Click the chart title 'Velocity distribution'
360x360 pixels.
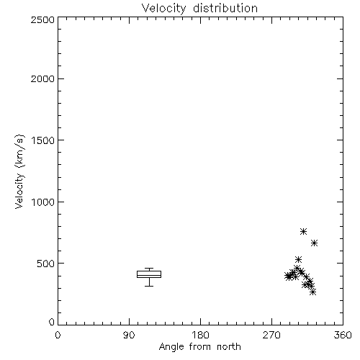pos(199,9)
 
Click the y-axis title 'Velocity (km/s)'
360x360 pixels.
pos(19,171)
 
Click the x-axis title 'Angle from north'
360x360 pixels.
pos(199,347)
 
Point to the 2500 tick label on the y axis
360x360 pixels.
pos(42,19)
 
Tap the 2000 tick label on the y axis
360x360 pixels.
pos(42,78)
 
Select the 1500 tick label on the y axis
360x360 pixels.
pos(43,140)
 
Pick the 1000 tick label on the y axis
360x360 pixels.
pos(43,202)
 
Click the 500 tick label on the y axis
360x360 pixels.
pos(46,264)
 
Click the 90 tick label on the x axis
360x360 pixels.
pos(129,335)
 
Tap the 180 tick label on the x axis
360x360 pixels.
pos(200,335)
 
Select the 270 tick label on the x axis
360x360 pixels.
pos(271,335)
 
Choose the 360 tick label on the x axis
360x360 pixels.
pos(343,335)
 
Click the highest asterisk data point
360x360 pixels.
pos(303,231)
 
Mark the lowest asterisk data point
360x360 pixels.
pos(312,292)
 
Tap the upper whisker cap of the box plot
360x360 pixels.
pos(149,268)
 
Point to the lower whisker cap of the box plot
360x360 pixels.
pos(149,286)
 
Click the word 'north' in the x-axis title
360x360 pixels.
pos(229,347)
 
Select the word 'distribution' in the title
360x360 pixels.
pos(225,9)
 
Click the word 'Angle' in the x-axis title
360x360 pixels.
pos(171,347)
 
